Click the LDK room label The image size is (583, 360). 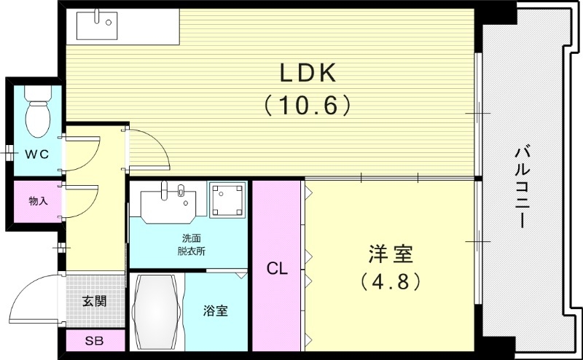click(x=307, y=74)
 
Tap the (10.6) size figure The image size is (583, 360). click(x=307, y=106)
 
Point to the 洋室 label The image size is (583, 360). click(x=390, y=255)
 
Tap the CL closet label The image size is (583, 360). click(x=277, y=268)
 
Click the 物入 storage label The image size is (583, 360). click(x=38, y=200)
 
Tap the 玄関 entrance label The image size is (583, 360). click(x=95, y=300)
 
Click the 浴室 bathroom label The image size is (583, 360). click(x=215, y=311)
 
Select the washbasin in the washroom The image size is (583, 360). click(x=168, y=201)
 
